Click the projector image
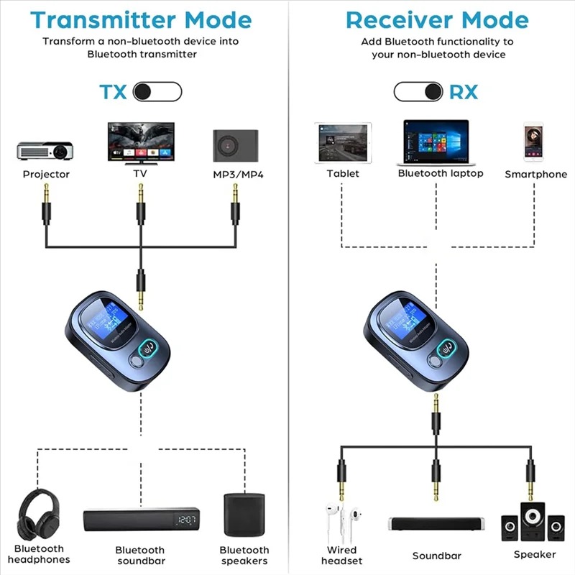[45, 149]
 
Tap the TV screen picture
[140, 141]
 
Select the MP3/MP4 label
[235, 175]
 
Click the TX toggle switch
[158, 91]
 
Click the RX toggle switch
[418, 91]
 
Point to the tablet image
[342, 142]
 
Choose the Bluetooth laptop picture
[436, 142]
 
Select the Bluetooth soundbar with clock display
[141, 520]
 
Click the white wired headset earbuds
[342, 523]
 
